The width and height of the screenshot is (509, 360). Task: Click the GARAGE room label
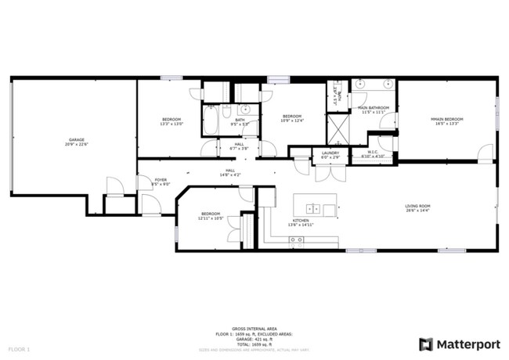(75, 140)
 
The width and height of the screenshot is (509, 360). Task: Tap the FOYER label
(161, 179)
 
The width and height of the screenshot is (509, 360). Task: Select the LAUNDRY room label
(330, 153)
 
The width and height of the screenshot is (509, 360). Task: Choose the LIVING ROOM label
(418, 206)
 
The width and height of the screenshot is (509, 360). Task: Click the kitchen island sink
(312, 209)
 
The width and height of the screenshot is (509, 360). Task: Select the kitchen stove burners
(297, 243)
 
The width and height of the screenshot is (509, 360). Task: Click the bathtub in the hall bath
(211, 120)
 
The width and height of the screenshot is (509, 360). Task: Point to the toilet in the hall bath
(226, 110)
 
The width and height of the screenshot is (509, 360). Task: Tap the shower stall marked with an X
(338, 128)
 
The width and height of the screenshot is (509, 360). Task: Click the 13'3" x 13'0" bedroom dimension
(171, 124)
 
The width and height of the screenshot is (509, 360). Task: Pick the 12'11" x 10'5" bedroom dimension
(210, 218)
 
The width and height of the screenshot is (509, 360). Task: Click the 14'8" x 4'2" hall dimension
(230, 174)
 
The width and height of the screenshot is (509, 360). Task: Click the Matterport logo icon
(426, 344)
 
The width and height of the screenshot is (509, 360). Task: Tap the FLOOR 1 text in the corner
(19, 348)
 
